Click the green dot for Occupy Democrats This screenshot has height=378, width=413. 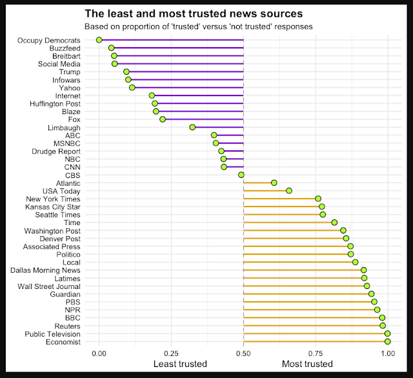(x=99, y=40)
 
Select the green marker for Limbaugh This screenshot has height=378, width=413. (x=192, y=127)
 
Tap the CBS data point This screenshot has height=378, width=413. (x=241, y=175)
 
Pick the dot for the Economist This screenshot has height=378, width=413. (x=387, y=341)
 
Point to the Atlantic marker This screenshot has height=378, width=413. (x=274, y=183)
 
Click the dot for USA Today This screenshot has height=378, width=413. (x=289, y=190)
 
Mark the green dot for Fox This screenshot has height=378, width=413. (x=163, y=119)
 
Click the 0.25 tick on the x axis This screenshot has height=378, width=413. (x=171, y=353)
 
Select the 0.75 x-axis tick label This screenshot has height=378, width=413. (x=316, y=353)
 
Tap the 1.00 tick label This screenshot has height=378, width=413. (x=387, y=353)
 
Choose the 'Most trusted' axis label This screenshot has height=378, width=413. (x=307, y=364)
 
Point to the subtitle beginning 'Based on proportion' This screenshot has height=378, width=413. (x=199, y=26)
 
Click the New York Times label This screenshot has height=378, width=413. (x=53, y=199)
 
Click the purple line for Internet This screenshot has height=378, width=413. (x=197, y=95)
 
